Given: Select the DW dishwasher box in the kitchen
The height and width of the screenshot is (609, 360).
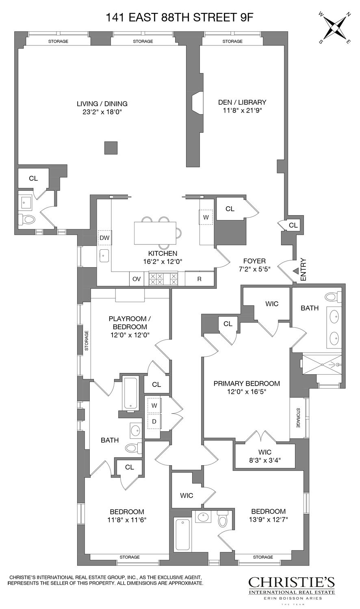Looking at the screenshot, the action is coord(104,238).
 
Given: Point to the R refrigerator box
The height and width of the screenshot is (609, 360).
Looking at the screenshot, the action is coord(199,279).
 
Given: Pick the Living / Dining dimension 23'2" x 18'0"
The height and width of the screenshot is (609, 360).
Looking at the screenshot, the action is coord(102,111).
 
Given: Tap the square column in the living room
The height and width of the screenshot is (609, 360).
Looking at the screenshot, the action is coord(111,148).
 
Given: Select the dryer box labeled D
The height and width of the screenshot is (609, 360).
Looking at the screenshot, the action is coord(154,421).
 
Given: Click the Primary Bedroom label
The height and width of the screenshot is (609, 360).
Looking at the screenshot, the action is coord(247,383).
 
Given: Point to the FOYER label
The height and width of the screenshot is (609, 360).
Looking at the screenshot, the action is coord(254,261).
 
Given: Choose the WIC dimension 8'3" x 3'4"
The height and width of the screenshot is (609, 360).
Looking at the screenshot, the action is coord(265,460).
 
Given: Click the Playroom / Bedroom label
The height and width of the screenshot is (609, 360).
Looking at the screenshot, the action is coord(128,323).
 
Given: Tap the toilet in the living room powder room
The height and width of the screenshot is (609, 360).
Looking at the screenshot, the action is coord(27,220).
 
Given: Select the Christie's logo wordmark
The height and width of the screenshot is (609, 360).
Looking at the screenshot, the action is coord(292,583).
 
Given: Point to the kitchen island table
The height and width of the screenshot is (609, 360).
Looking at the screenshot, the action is coord(155,233).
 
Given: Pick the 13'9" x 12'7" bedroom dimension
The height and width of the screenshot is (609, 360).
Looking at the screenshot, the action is coord(268,520).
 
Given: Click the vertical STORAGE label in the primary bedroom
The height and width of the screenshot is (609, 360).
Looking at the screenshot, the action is coord(298,418).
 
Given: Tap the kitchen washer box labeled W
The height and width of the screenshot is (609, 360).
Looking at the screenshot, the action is coord(206,217).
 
